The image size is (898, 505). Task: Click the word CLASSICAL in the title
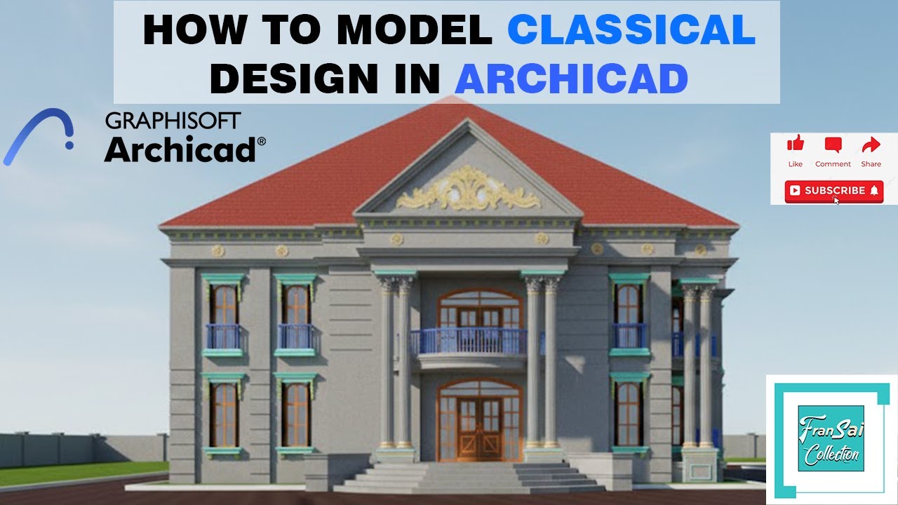(x=631, y=31)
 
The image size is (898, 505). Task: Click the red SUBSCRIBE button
(x=833, y=190)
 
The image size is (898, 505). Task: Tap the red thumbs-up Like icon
(x=795, y=145)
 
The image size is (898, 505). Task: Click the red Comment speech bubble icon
(x=833, y=145)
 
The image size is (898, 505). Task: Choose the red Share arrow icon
(x=871, y=145)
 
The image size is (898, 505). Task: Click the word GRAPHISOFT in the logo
(x=173, y=121)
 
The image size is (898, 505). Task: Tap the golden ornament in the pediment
(x=468, y=190)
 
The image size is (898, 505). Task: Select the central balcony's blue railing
(x=469, y=342)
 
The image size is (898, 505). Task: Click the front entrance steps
(x=469, y=477)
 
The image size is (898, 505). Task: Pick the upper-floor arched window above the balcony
(x=480, y=309)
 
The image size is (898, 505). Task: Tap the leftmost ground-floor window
(x=224, y=415)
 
